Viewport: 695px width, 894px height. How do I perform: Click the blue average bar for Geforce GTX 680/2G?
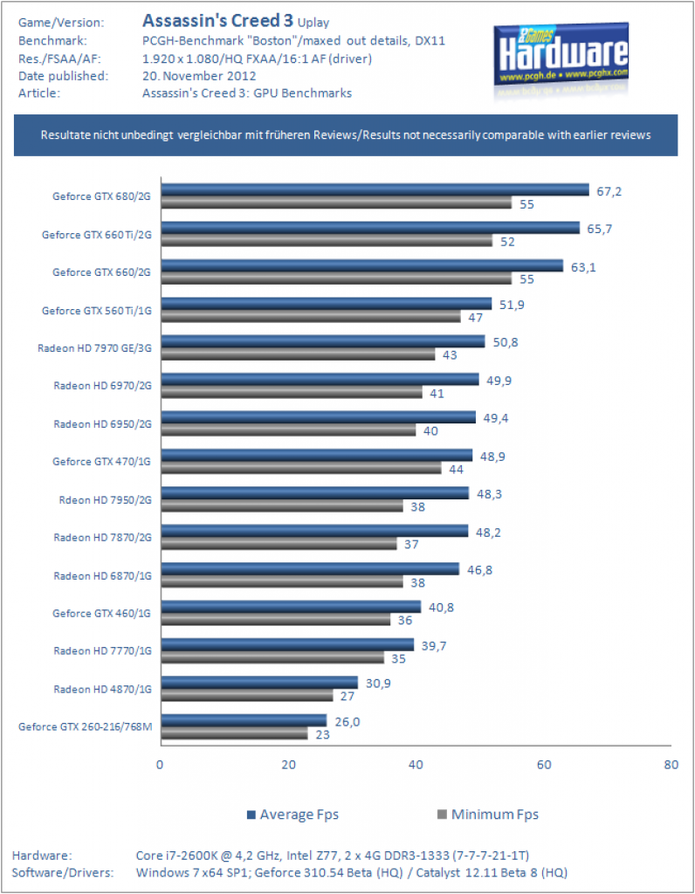(x=375, y=189)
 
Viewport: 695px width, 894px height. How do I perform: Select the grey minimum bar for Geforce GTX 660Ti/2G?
(x=327, y=241)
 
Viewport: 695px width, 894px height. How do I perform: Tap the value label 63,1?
(x=583, y=267)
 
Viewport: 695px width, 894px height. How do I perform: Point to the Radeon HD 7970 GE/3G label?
(x=94, y=347)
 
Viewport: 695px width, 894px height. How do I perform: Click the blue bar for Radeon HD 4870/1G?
(x=259, y=683)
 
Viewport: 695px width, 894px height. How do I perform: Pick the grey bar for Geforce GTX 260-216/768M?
(x=234, y=733)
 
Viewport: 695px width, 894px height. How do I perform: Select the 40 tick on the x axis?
(x=416, y=765)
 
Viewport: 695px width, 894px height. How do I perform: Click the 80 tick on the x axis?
(x=671, y=765)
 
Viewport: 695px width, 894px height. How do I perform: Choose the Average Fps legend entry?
(x=292, y=815)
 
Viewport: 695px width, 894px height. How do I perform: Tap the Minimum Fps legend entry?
(x=488, y=815)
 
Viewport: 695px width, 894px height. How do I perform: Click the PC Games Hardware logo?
(x=561, y=62)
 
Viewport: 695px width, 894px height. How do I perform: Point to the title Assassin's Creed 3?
(x=217, y=21)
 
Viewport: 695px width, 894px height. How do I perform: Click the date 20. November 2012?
(x=199, y=76)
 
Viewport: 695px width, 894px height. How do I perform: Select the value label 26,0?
(x=347, y=722)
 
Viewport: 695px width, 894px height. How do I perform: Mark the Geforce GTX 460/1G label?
(x=101, y=614)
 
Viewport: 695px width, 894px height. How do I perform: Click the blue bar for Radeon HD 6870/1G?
(x=310, y=568)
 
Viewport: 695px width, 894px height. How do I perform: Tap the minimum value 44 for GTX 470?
(x=456, y=469)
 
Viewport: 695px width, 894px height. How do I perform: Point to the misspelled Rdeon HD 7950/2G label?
(x=106, y=500)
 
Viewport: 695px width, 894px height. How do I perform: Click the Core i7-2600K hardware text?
(x=333, y=856)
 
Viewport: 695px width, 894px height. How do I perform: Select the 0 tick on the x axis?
(x=160, y=765)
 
